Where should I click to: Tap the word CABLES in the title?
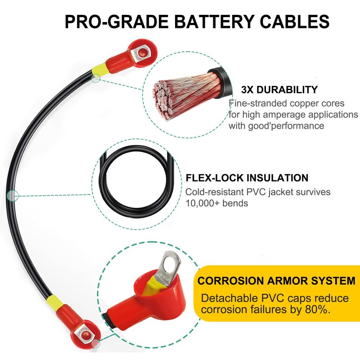[295, 22]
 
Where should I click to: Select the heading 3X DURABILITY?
[279, 90]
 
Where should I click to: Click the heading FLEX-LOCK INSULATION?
[247, 178]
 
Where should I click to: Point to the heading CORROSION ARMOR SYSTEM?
[276, 280]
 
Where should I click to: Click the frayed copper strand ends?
[163, 99]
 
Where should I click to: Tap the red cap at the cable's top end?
[137, 55]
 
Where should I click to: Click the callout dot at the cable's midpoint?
[13, 196]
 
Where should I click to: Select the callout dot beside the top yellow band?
[96, 78]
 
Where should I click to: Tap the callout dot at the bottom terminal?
[95, 344]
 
